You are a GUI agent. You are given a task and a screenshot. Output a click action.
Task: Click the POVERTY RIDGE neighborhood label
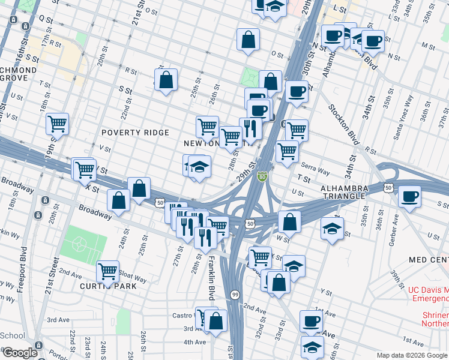click(x=135, y=133)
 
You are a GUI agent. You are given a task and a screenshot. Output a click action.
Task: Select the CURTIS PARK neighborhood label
click(x=109, y=286)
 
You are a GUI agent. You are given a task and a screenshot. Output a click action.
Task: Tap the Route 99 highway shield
click(x=234, y=295)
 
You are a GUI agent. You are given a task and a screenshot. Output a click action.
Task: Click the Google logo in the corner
click(x=20, y=353)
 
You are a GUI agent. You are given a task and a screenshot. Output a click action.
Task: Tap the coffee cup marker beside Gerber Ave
click(x=409, y=196)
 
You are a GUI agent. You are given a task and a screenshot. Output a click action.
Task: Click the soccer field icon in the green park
click(x=80, y=245)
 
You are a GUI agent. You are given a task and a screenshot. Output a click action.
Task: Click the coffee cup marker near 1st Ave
click(x=311, y=321)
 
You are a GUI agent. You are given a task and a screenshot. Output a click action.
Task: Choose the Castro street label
click(x=181, y=315)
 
